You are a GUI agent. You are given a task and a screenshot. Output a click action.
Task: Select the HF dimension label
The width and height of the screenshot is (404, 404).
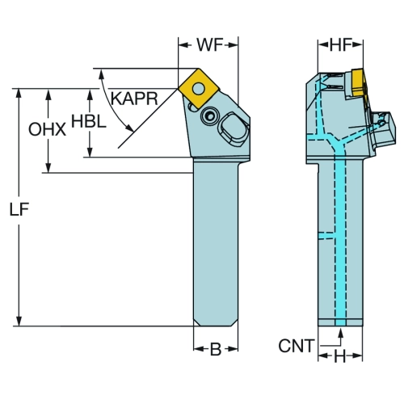pos(341,45)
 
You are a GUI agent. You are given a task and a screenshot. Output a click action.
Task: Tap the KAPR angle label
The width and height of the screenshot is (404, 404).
pos(134,99)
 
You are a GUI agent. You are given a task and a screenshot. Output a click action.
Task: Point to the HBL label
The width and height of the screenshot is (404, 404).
pos(89,121)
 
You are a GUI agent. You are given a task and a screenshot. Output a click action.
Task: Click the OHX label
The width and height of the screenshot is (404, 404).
pos(47,129)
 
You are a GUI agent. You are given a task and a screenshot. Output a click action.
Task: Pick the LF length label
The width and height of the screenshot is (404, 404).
pos(19,209)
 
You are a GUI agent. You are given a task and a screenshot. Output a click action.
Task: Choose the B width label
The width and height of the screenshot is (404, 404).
pos(216,349)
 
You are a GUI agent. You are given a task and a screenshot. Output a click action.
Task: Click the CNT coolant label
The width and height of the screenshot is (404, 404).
pos(297,346)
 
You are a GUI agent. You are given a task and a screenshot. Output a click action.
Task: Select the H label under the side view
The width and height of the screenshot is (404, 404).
pos(340,357)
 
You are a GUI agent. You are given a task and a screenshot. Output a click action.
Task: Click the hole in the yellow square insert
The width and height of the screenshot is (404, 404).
pos(199,88)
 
